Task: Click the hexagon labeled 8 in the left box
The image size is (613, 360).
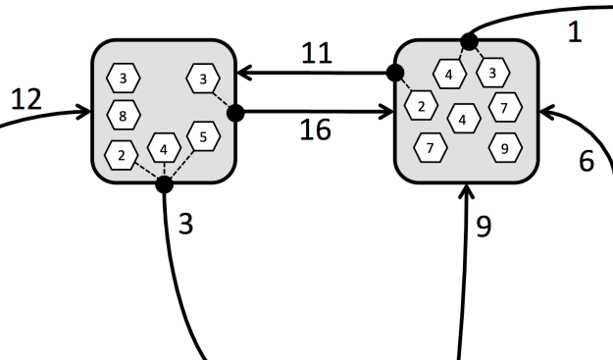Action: [x=123, y=115]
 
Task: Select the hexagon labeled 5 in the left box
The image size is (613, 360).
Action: [x=202, y=134]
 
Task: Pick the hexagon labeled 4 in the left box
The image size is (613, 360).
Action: [x=164, y=150]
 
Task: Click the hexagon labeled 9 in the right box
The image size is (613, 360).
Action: [x=504, y=150]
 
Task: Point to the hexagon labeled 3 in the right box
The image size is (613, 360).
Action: [x=493, y=72]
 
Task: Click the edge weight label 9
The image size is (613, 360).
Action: [x=483, y=227]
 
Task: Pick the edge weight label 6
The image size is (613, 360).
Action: [x=586, y=162]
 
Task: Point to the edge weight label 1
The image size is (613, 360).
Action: [x=575, y=31]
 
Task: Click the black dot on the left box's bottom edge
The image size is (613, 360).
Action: [x=164, y=183]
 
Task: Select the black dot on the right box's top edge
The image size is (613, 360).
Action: [x=470, y=41]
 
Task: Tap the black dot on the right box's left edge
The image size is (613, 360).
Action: [x=395, y=73]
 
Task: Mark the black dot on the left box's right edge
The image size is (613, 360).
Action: [x=234, y=113]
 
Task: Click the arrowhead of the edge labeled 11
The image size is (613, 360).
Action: [x=242, y=73]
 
